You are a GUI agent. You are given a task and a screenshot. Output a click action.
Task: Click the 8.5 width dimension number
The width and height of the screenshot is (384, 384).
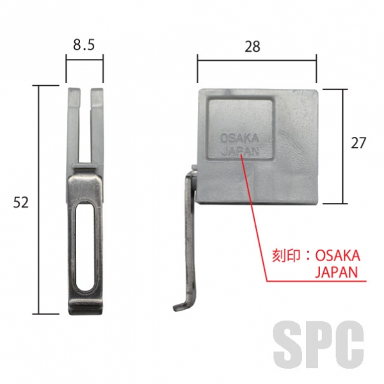(84, 45)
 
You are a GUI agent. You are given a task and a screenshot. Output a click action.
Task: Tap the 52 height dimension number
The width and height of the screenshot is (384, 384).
(21, 202)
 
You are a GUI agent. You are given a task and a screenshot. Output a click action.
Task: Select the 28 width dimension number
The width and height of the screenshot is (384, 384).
(252, 47)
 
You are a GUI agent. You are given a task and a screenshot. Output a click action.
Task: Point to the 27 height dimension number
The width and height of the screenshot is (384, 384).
(358, 143)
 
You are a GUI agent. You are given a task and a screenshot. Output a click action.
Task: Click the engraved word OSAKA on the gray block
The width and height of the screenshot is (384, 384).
(239, 138)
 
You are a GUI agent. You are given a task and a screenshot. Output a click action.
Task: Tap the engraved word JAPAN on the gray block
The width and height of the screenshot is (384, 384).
(240, 151)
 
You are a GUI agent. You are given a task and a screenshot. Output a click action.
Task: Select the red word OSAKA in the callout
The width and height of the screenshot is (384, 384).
(337, 256)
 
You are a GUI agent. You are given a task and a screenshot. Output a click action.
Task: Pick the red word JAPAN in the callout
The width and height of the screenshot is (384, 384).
(336, 272)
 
